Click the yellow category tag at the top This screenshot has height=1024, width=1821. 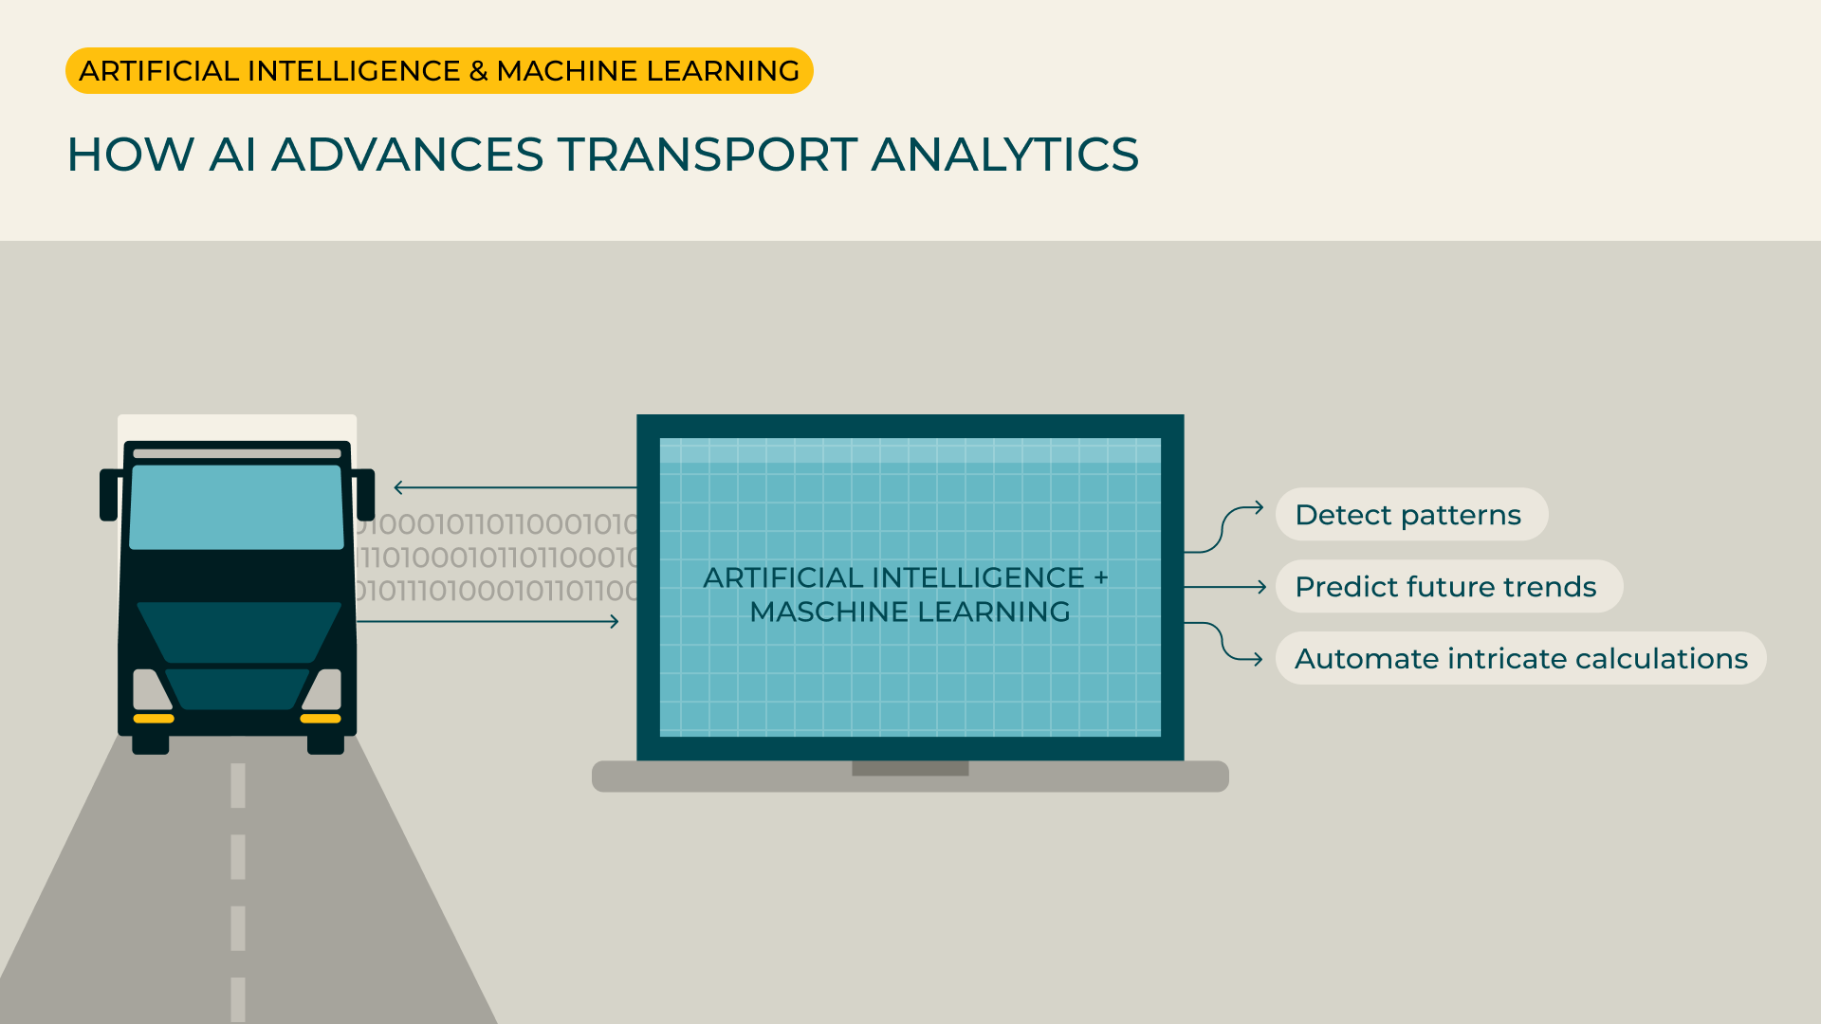point(439,71)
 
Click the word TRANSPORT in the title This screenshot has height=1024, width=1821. point(707,155)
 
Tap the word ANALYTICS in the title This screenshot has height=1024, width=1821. point(1004,155)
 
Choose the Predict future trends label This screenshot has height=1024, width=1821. point(1447,587)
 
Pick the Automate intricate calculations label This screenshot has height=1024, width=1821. point(1520,659)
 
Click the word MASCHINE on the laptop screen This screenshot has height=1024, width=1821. point(828,613)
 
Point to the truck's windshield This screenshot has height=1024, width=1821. point(236,506)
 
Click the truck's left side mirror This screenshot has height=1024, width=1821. point(110,494)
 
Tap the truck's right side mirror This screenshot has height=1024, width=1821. point(365,494)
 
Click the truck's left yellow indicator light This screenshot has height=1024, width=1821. point(154,719)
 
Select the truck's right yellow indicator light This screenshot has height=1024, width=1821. point(321,719)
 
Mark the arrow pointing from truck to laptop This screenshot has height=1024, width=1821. point(487,622)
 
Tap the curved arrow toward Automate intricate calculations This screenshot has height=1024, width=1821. point(1223,643)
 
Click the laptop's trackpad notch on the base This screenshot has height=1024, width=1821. point(910,769)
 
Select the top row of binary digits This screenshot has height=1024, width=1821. point(497,524)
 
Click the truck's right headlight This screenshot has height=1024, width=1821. point(323,689)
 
